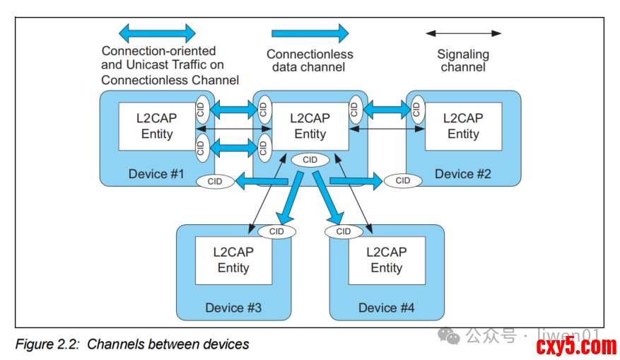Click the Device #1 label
pyautogui.click(x=156, y=174)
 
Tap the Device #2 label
pyautogui.click(x=462, y=174)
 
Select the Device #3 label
pyautogui.click(x=233, y=308)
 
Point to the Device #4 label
pyautogui.click(x=387, y=308)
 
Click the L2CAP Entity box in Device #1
pyautogui.click(x=156, y=126)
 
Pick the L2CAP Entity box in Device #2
pyautogui.click(x=463, y=126)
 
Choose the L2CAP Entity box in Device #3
pyautogui.click(x=233, y=260)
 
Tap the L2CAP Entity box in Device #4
pyautogui.click(x=387, y=260)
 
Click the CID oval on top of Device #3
pyautogui.click(x=276, y=231)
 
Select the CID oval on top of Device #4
pyautogui.click(x=344, y=231)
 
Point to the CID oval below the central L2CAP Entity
pyautogui.click(x=310, y=160)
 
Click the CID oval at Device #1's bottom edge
pyautogui.click(x=215, y=182)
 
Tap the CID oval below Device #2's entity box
pyautogui.click(x=403, y=180)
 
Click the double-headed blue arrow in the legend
pyautogui.click(x=157, y=33)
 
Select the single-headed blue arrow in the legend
pyautogui.click(x=310, y=33)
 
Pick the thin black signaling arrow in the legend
pyautogui.click(x=463, y=33)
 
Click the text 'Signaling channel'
pyautogui.click(x=463, y=61)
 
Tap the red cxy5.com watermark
pyautogui.click(x=576, y=347)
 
